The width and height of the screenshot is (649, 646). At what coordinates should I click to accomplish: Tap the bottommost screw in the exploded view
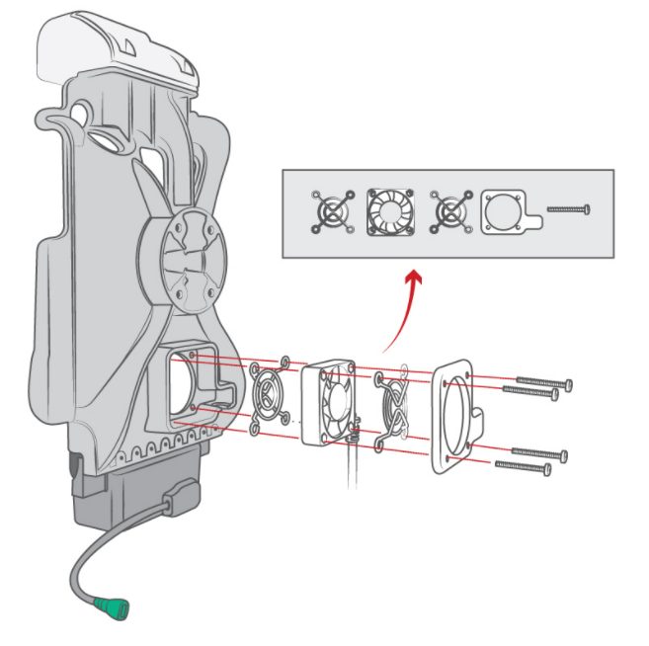pyautogui.click(x=524, y=465)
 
